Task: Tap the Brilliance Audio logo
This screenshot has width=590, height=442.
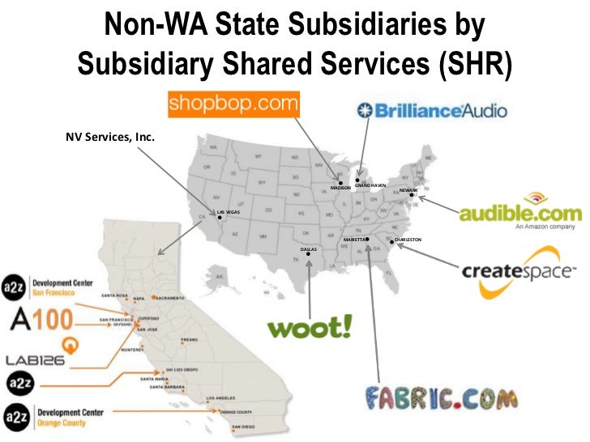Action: click(433, 109)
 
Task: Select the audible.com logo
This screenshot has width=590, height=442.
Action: click(519, 212)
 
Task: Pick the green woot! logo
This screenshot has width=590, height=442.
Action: click(310, 327)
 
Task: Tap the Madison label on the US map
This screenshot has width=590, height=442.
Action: click(341, 187)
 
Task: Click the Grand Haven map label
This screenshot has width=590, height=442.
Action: click(370, 185)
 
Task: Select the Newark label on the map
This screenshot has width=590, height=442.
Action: click(408, 190)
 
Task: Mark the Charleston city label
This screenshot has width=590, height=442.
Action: click(408, 240)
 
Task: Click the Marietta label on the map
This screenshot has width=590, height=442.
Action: click(354, 240)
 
